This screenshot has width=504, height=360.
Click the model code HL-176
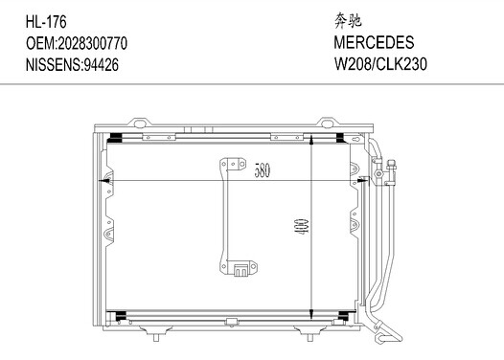[46, 22]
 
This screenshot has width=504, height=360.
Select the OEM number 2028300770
[92, 43]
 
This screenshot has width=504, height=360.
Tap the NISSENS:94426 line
[72, 64]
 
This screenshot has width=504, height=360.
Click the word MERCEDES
[374, 42]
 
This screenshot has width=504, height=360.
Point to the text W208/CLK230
[380, 63]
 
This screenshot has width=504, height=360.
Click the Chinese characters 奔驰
[348, 20]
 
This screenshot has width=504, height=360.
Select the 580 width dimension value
[263, 170]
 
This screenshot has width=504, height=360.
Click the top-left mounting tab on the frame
[140, 123]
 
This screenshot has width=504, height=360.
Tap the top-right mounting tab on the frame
[327, 123]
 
